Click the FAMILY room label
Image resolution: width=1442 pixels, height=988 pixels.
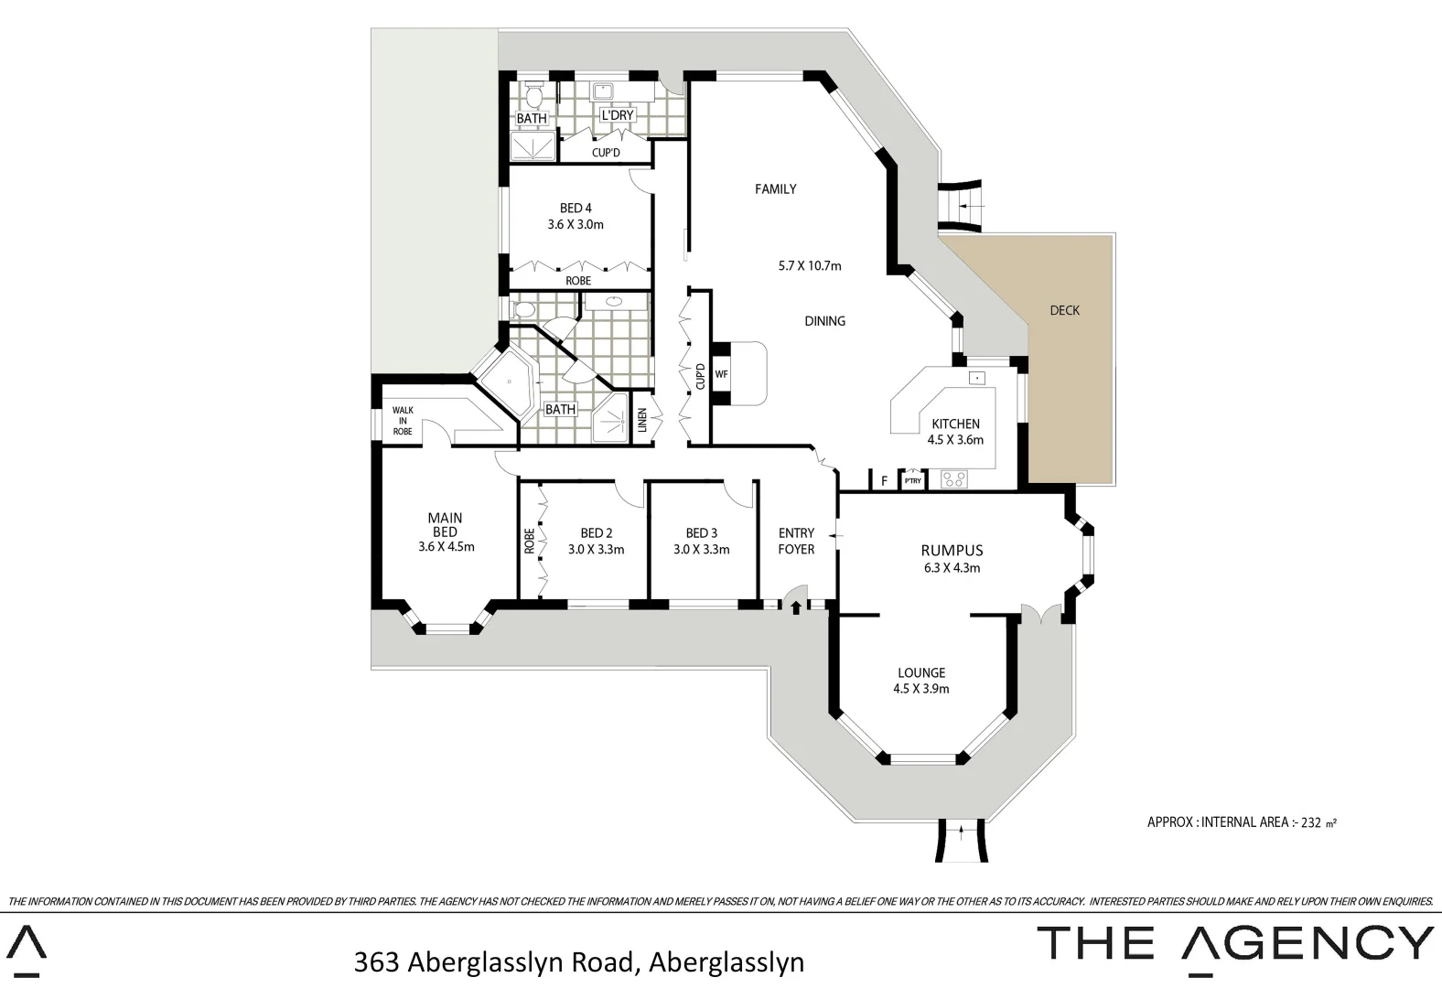click(x=775, y=189)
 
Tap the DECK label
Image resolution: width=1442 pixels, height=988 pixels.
click(x=1064, y=310)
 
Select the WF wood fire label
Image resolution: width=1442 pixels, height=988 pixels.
click(x=721, y=374)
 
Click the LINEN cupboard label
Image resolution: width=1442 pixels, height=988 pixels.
click(x=642, y=421)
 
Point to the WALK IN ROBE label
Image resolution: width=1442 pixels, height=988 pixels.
click(x=403, y=421)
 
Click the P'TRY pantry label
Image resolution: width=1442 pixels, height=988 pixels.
click(x=912, y=480)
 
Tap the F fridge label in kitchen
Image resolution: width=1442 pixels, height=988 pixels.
click(x=884, y=480)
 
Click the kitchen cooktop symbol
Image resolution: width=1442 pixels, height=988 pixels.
click(x=954, y=478)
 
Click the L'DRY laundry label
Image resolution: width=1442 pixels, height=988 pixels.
click(x=617, y=115)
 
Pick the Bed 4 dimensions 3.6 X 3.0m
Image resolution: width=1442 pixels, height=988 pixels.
click(x=576, y=224)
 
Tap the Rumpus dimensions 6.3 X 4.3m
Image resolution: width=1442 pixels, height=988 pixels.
click(x=952, y=567)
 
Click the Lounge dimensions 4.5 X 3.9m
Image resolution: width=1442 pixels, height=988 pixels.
click(x=921, y=689)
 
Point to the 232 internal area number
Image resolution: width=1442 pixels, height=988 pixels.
click(x=1311, y=822)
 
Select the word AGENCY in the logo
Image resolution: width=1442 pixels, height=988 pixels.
click(x=1307, y=943)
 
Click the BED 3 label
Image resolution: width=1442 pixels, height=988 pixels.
click(x=702, y=533)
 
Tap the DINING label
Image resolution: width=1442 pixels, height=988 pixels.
click(x=824, y=321)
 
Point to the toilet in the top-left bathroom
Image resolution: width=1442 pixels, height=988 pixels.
click(x=535, y=93)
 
